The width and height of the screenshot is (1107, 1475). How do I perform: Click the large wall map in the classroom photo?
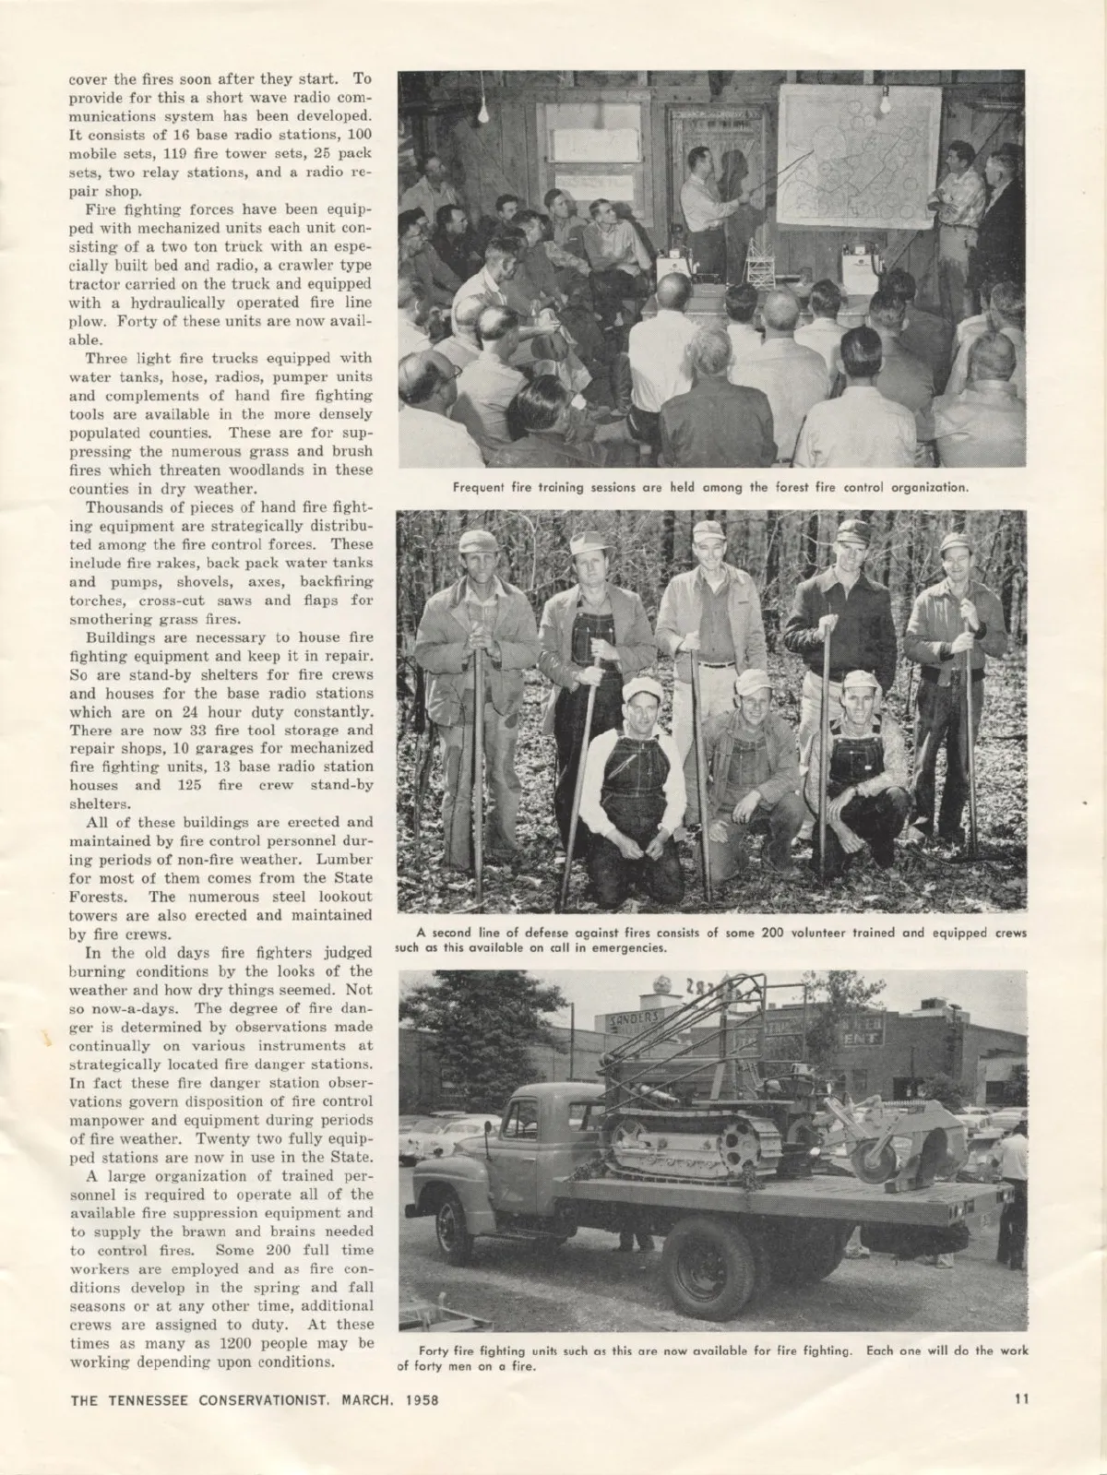(x=858, y=156)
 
